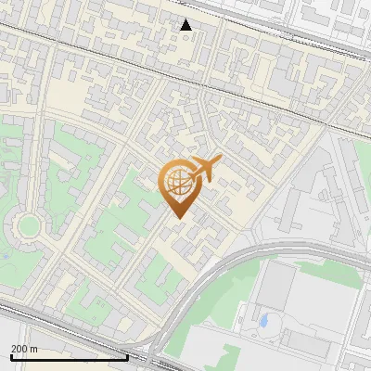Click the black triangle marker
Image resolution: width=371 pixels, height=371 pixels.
186,24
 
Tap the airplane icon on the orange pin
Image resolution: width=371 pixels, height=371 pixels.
205,170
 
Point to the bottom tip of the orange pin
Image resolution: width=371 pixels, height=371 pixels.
177,217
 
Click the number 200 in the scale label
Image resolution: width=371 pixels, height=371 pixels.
19,349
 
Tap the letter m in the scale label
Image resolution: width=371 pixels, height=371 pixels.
34,349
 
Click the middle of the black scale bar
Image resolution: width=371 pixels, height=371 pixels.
69,357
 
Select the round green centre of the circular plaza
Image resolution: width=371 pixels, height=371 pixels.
28,225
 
